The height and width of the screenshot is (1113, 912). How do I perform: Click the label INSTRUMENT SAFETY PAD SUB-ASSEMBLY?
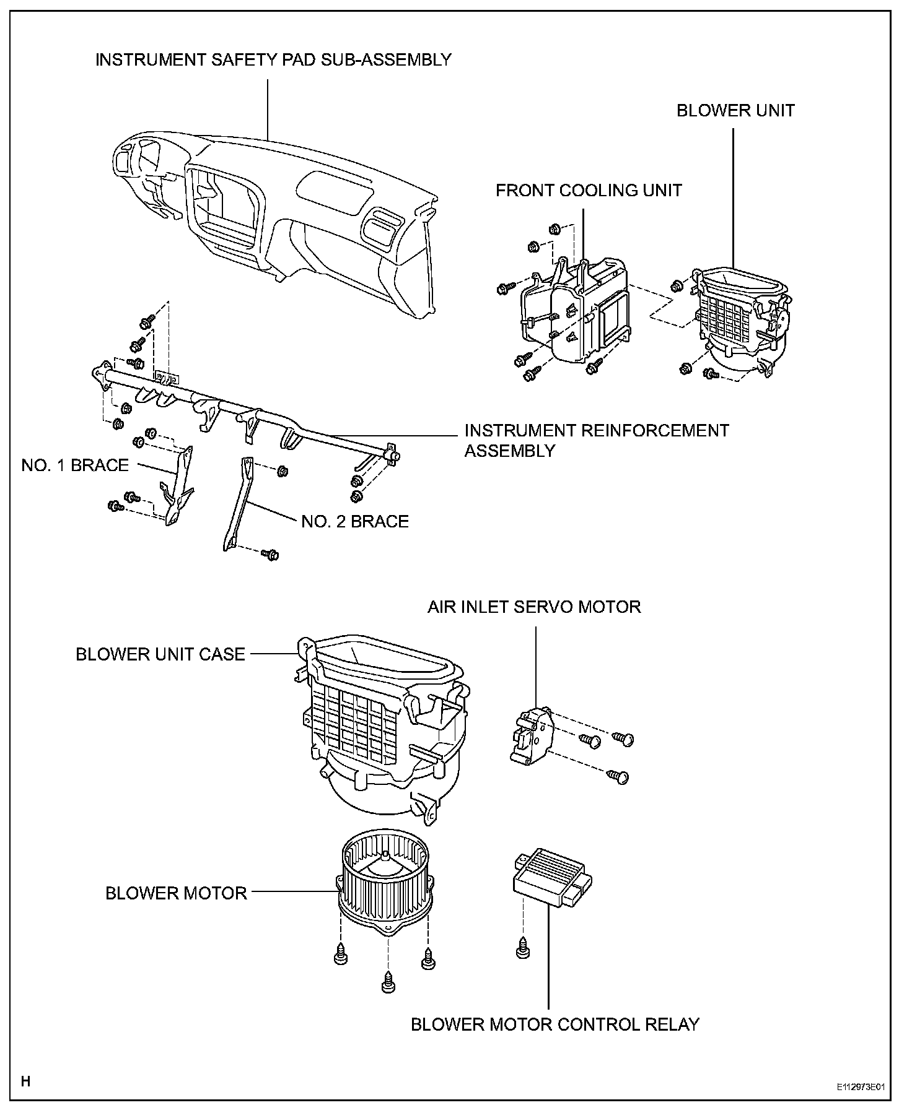pos(273,60)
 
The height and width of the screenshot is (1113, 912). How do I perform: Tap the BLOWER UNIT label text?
pos(735,111)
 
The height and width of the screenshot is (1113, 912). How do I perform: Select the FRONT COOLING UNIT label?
pos(589,190)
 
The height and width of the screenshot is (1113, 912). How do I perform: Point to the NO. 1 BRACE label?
pos(75,466)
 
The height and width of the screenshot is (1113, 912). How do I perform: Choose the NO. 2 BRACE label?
pos(355,522)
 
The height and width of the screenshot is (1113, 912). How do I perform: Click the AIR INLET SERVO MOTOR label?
pos(534,607)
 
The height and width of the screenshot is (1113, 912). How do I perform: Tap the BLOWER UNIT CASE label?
pos(160,654)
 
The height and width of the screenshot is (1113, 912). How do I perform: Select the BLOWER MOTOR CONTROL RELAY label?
pos(555,1024)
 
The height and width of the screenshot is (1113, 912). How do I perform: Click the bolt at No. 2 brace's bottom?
pos(270,554)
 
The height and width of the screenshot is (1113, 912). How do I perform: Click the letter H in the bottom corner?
pos(25,1081)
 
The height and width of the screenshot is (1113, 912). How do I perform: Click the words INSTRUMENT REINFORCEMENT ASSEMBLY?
pos(596,440)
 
